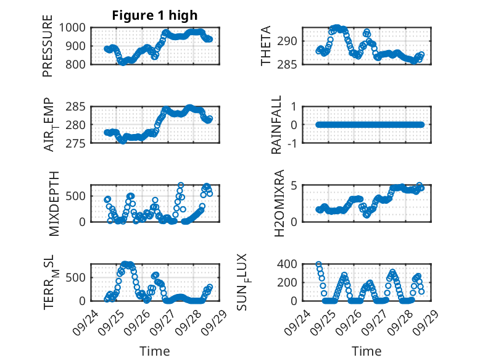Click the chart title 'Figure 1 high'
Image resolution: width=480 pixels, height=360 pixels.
point(155,15)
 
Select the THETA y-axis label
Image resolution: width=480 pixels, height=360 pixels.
point(266,46)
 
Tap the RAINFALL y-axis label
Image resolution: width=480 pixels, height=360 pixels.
point(277,125)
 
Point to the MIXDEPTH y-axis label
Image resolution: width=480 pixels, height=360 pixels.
point(54,203)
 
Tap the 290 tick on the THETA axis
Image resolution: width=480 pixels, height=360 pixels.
point(289,41)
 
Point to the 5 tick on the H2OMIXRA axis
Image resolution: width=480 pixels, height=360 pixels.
point(295,185)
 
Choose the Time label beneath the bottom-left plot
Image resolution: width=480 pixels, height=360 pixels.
point(155,351)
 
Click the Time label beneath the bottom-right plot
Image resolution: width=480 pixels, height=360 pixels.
point(366,351)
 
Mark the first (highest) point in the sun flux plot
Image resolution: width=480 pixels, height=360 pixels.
point(318,264)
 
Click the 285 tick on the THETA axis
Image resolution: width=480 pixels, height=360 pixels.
point(289,64)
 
